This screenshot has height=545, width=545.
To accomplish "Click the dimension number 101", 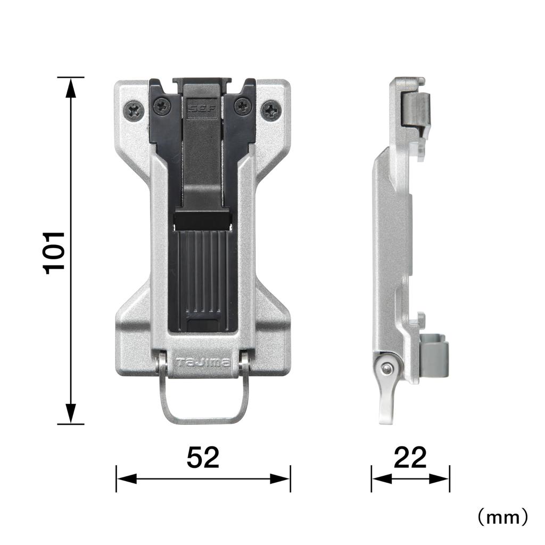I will click(x=54, y=252).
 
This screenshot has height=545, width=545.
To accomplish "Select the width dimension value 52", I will click(x=203, y=457).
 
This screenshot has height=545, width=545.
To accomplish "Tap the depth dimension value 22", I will click(x=410, y=457).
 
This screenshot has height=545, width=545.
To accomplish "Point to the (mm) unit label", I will click(x=502, y=516).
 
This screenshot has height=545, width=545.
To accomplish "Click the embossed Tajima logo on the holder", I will click(x=203, y=363).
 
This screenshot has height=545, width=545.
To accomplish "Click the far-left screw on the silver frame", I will click(x=134, y=111).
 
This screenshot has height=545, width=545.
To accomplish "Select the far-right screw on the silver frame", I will click(x=271, y=111).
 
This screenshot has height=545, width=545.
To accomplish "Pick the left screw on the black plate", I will click(x=162, y=107).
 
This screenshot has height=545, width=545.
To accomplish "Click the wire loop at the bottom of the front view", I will click(x=203, y=418).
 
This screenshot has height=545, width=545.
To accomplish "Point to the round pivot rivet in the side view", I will click(x=387, y=368).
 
